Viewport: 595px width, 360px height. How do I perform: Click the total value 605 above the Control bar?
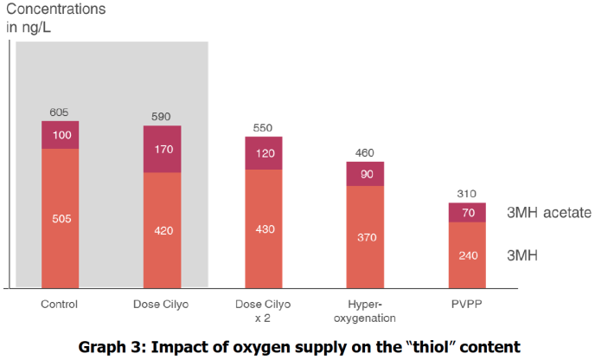tap(60, 112)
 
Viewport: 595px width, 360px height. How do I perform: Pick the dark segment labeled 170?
tap(162, 149)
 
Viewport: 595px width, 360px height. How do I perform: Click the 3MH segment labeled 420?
tap(162, 230)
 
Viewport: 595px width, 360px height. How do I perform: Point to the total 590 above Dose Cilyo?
tap(162, 117)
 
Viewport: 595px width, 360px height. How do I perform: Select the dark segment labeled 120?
tap(264, 153)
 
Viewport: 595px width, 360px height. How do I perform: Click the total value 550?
tap(264, 128)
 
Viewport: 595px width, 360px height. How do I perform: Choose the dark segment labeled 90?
tap(365, 174)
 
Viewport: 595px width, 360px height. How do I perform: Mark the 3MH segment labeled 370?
tap(365, 237)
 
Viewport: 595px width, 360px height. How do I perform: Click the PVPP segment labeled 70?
tap(467, 213)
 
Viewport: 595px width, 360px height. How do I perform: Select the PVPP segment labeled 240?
tap(467, 255)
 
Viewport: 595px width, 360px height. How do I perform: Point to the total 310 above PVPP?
tap(467, 194)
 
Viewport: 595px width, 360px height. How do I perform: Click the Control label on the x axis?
tap(60, 304)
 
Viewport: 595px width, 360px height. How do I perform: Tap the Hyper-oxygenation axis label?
tap(365, 310)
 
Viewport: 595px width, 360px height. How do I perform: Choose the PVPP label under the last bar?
tap(467, 304)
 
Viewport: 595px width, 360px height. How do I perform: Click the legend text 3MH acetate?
tap(547, 212)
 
